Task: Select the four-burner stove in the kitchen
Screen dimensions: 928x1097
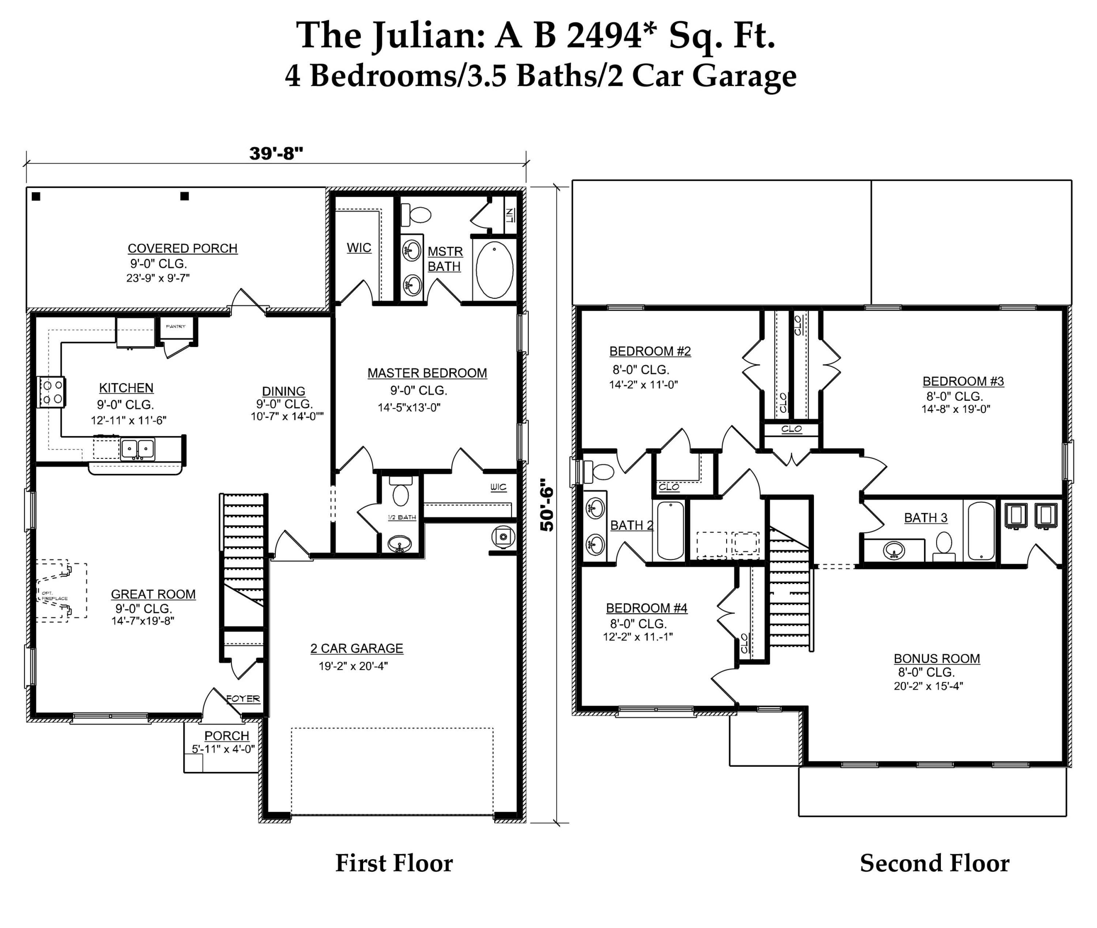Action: click(51, 392)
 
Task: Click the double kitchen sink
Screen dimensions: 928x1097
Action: click(138, 449)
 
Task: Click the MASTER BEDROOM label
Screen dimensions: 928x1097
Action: click(427, 373)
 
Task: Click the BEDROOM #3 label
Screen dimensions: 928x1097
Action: click(963, 381)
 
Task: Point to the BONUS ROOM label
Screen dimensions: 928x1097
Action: click(936, 658)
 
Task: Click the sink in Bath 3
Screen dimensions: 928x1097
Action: click(894, 551)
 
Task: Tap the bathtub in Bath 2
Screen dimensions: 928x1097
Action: click(670, 530)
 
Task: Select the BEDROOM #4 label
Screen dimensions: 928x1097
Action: click(646, 608)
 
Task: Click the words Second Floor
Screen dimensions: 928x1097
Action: click(934, 863)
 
